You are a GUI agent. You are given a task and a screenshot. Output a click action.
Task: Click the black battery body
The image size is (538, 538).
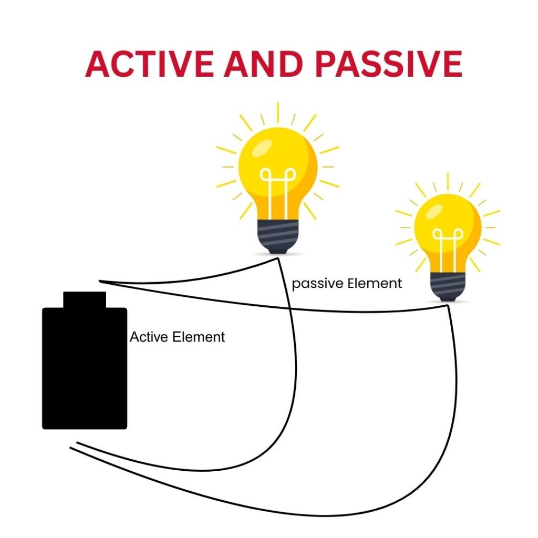point(85,368)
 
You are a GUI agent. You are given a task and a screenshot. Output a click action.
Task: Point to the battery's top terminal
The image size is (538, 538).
point(85,299)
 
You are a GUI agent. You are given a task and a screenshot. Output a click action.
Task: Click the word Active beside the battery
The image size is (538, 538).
point(148,337)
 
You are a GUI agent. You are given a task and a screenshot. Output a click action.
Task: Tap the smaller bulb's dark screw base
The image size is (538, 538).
point(448,286)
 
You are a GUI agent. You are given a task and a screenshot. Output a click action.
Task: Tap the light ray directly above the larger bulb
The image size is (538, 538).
point(278,112)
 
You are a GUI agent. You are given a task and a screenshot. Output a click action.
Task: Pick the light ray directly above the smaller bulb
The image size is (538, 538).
point(448,181)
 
